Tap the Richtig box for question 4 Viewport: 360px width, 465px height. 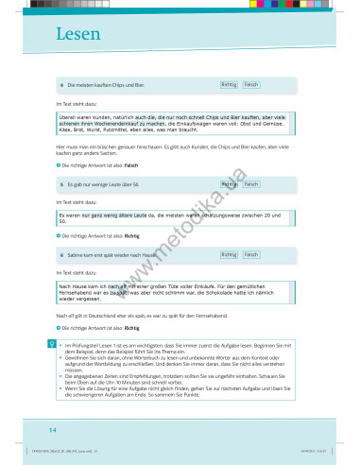pos(228,85)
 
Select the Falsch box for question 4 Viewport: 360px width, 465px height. pos(250,85)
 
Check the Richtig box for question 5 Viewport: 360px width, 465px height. pos(228,184)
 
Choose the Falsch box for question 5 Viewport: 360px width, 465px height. pos(250,184)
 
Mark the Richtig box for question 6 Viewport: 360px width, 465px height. pos(228,255)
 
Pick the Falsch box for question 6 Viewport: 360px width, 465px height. pos(250,255)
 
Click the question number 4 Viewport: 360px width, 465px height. pos(60,86)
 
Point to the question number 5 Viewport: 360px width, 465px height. pos(60,184)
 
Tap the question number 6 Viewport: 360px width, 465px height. pos(60,255)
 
